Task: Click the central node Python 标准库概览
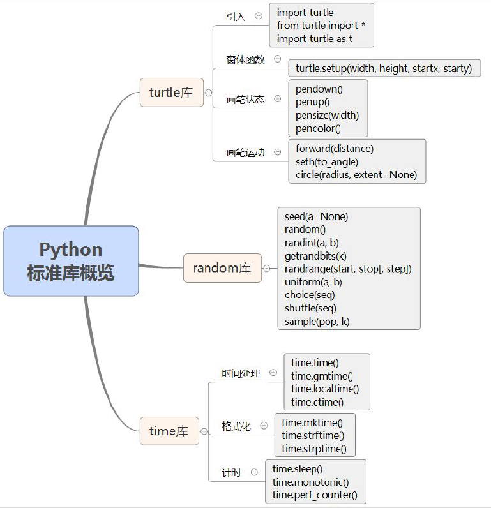[x=71, y=260]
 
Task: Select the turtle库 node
[x=171, y=93]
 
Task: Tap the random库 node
[x=222, y=268]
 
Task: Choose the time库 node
[x=169, y=431]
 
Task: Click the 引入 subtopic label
[x=236, y=17]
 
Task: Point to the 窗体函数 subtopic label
[x=245, y=59]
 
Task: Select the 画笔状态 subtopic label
[x=245, y=100]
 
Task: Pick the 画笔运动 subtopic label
[x=245, y=153]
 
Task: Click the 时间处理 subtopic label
[x=241, y=373]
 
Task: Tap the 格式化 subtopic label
[x=236, y=426]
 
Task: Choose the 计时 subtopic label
[x=231, y=473]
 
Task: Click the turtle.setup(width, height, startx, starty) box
[x=384, y=68]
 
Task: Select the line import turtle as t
[x=314, y=38]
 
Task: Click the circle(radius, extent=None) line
[x=356, y=174]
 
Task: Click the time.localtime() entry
[x=325, y=389]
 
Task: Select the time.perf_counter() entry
[x=315, y=495]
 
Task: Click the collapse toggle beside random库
[x=266, y=269]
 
